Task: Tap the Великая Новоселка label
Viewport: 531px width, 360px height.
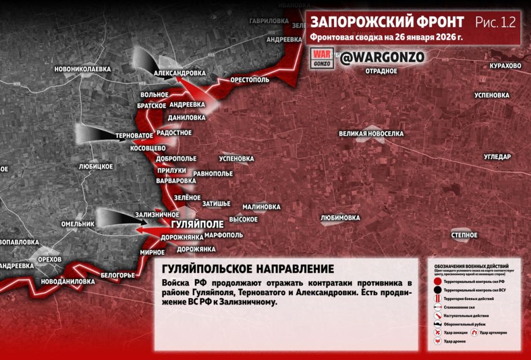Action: [x=371, y=134]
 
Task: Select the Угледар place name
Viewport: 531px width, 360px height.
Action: [x=497, y=157]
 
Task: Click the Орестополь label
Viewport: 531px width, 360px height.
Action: [x=250, y=80]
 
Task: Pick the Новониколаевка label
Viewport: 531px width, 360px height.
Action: [x=82, y=68]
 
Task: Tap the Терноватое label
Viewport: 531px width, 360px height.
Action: [x=134, y=135]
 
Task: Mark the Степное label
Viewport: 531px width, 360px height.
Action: [x=464, y=236]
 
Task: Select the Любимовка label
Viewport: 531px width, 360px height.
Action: [x=340, y=218]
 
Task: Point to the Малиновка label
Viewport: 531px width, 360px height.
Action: [x=261, y=206]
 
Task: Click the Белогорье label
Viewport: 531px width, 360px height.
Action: [x=118, y=275]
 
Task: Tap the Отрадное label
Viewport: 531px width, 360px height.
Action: [x=381, y=71]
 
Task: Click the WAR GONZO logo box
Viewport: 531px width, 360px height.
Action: [x=323, y=58]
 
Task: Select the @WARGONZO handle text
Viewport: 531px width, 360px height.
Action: [x=382, y=58]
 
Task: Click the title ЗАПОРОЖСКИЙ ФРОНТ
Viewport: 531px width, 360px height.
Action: [x=387, y=22]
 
